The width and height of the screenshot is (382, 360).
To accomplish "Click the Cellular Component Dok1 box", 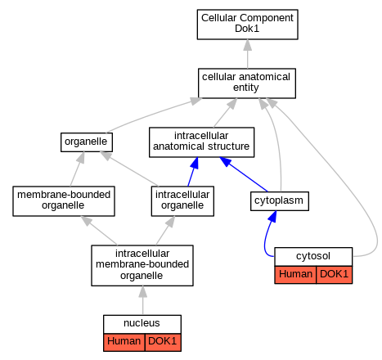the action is tap(247, 25).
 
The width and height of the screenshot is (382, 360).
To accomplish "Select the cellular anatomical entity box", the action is tap(247, 83).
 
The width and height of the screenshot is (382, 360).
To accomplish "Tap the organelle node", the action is tap(87, 142).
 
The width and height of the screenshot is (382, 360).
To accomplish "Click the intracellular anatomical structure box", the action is tap(201, 142).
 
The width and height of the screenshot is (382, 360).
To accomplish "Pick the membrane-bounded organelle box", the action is tap(64, 201).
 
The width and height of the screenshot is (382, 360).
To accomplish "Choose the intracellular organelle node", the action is tap(182, 201).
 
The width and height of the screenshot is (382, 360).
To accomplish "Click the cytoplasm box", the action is tap(280, 201).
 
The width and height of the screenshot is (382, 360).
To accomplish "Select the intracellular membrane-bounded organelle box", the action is tap(142, 265).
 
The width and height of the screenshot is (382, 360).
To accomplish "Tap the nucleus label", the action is tap(142, 323).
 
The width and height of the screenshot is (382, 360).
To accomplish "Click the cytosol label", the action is tap(313, 256).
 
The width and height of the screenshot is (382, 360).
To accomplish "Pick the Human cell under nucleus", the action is tap(124, 342).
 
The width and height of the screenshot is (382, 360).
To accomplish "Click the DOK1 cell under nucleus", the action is tap(163, 342).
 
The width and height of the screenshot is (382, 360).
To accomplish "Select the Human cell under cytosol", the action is tap(295, 275).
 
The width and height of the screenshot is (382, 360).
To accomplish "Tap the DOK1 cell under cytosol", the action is tap(334, 275).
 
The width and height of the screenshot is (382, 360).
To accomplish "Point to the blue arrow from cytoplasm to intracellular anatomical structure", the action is tap(244, 174).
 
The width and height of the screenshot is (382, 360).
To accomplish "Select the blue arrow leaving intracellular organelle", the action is tap(192, 172).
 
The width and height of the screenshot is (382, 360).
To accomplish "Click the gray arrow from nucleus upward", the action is tap(142, 300).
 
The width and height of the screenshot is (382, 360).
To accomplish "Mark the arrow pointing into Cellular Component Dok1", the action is tap(247, 54).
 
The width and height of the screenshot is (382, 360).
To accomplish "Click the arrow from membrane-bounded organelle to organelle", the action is tap(77, 169).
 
